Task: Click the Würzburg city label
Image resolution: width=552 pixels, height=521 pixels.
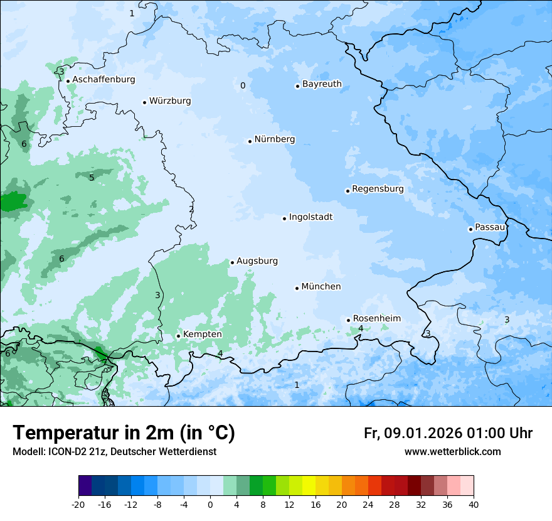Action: [170, 101]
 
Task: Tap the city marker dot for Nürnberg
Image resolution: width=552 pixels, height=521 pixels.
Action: [250, 141]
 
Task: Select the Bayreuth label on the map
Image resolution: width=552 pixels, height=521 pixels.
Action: [322, 84]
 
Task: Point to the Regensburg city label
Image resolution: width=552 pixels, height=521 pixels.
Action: [378, 189]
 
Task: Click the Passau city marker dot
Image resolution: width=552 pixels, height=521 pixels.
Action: [470, 229]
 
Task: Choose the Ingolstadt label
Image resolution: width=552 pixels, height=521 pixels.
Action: [310, 217]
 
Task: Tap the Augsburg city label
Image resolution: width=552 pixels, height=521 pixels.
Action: [257, 261]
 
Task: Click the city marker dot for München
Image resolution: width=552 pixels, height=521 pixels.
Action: [297, 288]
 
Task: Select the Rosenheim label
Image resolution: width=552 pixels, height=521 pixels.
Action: [376, 319]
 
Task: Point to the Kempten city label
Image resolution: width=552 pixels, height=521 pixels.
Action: [202, 335]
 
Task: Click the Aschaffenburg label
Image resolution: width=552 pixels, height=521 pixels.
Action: [103, 80]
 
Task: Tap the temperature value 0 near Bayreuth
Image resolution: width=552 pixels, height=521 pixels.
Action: [243, 86]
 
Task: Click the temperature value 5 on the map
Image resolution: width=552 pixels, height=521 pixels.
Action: [92, 178]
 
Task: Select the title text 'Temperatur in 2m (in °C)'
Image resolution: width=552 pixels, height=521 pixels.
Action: [124, 433]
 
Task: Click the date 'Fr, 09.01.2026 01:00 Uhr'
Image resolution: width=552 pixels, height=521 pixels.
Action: [448, 433]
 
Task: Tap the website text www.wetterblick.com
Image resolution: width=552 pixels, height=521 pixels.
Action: [452, 452]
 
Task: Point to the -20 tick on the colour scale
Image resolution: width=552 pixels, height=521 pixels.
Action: [78, 504]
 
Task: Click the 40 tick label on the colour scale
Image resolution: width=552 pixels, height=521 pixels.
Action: [473, 504]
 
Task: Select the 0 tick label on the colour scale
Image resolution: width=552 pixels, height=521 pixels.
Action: [210, 504]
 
